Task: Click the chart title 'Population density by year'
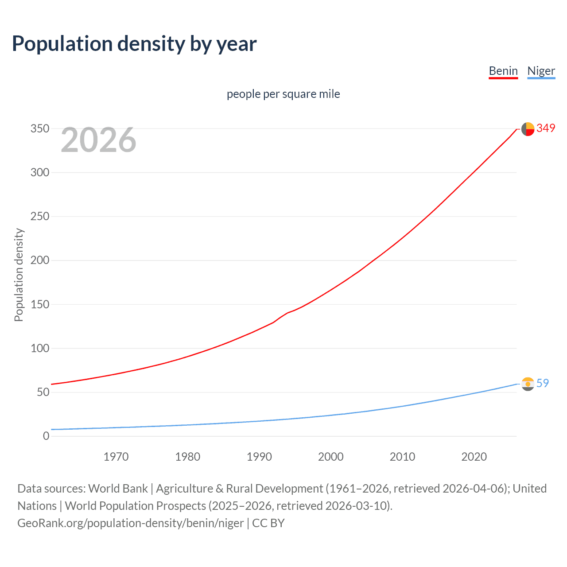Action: tap(134, 44)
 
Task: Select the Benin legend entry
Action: tap(503, 71)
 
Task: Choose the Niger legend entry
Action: tap(541, 71)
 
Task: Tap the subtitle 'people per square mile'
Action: tap(283, 94)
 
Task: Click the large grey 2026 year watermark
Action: tap(98, 140)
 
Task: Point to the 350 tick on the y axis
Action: tap(40, 128)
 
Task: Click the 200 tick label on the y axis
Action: tap(40, 260)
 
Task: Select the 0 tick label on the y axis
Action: tap(46, 436)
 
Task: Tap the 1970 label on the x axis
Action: tap(116, 457)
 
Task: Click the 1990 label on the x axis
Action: tap(259, 457)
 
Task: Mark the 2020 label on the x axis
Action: tap(474, 457)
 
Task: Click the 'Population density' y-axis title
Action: tap(19, 275)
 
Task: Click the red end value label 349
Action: tap(546, 128)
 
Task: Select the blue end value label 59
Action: tap(543, 383)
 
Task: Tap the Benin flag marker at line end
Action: tap(528, 129)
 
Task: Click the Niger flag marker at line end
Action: tap(528, 384)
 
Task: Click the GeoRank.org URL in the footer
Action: tap(130, 523)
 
